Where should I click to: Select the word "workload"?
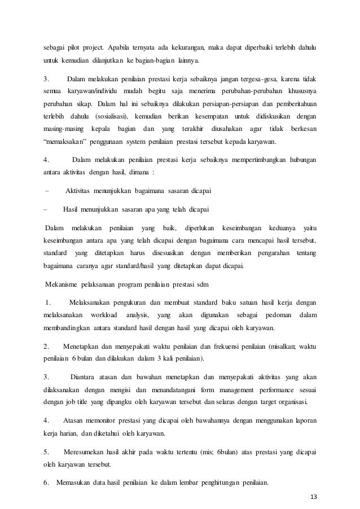pyautogui.click(x=102, y=314)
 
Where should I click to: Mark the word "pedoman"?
pyautogui.click(x=267, y=314)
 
